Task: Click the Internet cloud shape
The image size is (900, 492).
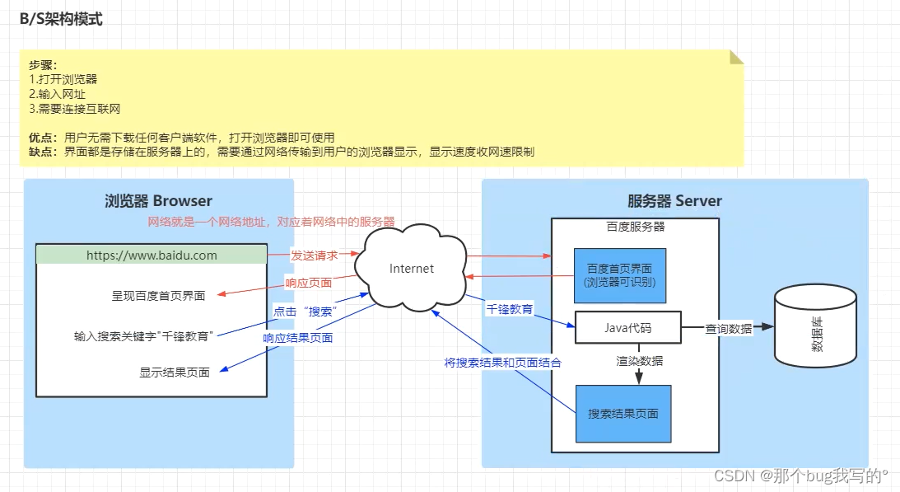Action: coord(411,269)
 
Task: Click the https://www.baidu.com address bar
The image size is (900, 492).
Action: coord(152,255)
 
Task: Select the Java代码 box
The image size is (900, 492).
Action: coord(627,328)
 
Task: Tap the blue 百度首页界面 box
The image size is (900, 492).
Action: coord(621,276)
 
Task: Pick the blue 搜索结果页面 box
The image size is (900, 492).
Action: coord(623,413)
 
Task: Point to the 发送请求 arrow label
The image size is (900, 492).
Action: coord(314,255)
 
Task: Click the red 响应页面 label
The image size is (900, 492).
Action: coord(309,283)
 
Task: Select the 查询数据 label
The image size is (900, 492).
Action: coord(729,328)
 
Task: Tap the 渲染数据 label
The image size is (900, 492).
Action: coord(640,361)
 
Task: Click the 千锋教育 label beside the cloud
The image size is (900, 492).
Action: coord(509,310)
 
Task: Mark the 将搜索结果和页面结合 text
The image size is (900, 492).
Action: coord(503,363)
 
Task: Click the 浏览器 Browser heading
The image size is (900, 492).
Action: coord(158,201)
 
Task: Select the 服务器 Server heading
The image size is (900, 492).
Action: coord(674,201)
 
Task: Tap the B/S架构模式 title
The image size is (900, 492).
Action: coord(62,20)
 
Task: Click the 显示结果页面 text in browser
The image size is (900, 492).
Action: coord(175,373)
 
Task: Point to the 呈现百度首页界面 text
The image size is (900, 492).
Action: coord(158,295)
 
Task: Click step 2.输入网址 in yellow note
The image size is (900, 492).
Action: coord(57,94)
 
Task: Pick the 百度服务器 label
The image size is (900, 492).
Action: coord(635,226)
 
